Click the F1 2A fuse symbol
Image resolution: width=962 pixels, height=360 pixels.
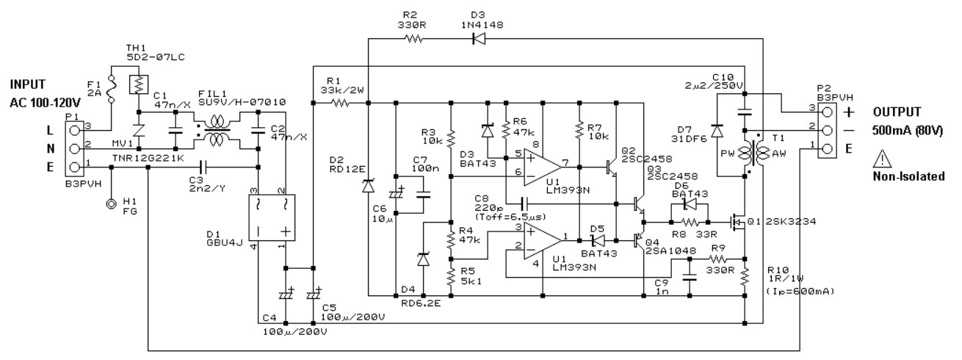112,89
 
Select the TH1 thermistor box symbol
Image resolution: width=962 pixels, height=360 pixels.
139,84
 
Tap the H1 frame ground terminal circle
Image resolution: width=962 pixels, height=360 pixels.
112,204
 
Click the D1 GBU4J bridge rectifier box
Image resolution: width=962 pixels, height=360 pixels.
272,217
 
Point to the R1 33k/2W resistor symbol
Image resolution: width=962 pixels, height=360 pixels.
341,103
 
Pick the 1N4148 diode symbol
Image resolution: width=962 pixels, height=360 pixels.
479,39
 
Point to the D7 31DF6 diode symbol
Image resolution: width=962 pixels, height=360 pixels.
717,130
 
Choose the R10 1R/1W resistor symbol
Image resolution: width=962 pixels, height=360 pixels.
745,277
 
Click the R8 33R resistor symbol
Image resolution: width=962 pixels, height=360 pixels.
690,222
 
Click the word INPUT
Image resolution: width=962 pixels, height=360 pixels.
27,84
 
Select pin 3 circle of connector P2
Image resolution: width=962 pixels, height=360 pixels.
827,112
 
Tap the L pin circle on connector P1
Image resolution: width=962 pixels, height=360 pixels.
75,130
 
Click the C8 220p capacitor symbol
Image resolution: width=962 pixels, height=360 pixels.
524,204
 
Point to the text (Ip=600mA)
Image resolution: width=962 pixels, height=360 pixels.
800,292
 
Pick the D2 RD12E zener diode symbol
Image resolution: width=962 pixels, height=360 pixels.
368,186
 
